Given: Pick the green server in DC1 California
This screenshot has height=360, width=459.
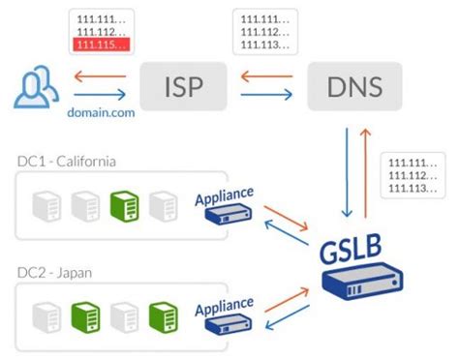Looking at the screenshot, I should [124, 205].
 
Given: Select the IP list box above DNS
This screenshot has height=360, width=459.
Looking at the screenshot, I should [266, 31].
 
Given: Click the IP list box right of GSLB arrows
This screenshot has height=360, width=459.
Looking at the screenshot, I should [415, 175].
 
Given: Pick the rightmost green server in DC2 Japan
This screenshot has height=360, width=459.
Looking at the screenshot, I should [162, 315].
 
